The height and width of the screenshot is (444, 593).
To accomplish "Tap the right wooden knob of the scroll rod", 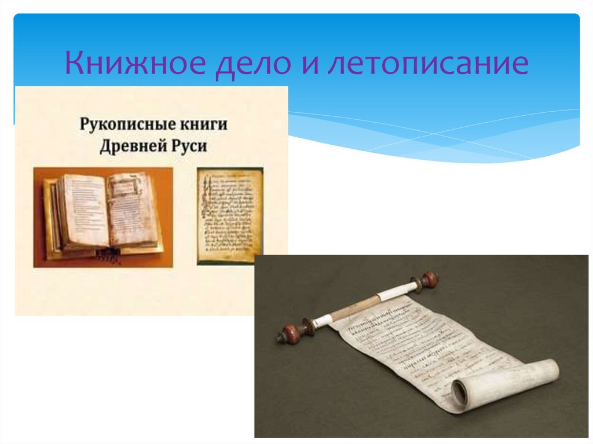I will pyautogui.click(x=429, y=281).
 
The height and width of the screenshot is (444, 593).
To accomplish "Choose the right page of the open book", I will pyautogui.click(x=130, y=208).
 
